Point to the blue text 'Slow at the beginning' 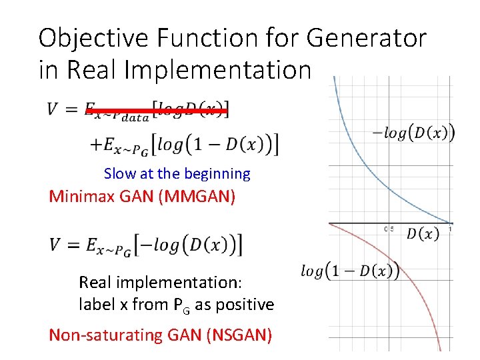177,174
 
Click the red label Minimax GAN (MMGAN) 142,197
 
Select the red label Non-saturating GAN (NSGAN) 160,335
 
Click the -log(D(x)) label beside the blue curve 413,133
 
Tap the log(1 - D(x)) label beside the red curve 350,271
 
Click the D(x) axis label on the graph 422,234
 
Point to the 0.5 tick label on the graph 389,229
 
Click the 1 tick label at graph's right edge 451,229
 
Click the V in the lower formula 55,245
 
